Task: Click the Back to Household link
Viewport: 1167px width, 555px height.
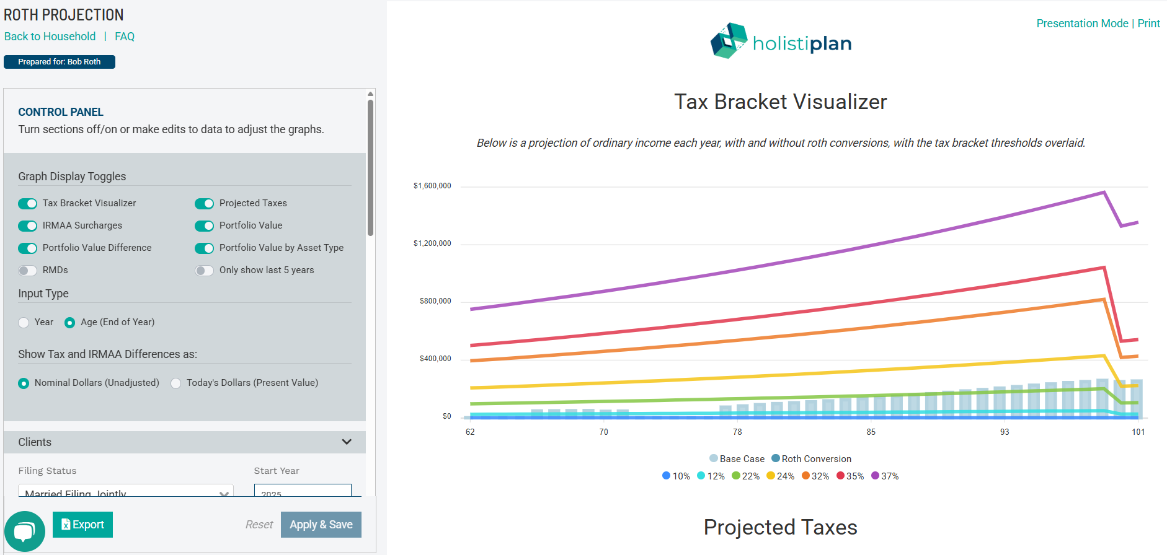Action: (x=50, y=37)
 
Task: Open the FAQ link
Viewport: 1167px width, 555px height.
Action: (x=125, y=37)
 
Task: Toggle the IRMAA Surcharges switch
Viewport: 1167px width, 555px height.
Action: (x=27, y=225)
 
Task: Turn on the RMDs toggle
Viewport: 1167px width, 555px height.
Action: (x=27, y=270)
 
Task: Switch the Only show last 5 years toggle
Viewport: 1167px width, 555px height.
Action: (x=204, y=270)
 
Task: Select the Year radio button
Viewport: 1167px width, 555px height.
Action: (x=24, y=322)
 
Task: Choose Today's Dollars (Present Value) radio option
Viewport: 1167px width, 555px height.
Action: (x=176, y=383)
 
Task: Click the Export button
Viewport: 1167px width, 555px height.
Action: (x=82, y=525)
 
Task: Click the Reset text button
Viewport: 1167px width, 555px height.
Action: (x=259, y=525)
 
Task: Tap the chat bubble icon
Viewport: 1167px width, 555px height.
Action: (x=24, y=531)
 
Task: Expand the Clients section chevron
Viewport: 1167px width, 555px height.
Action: (x=347, y=442)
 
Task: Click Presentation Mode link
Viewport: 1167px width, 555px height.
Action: (x=1082, y=24)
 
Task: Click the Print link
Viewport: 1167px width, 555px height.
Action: (x=1148, y=24)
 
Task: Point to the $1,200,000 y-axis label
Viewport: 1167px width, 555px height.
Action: (x=432, y=243)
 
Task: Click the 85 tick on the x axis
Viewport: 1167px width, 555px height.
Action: (x=871, y=432)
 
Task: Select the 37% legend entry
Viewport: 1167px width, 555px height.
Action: (x=885, y=476)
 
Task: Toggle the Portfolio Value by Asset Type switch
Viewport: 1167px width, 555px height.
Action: (x=204, y=248)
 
